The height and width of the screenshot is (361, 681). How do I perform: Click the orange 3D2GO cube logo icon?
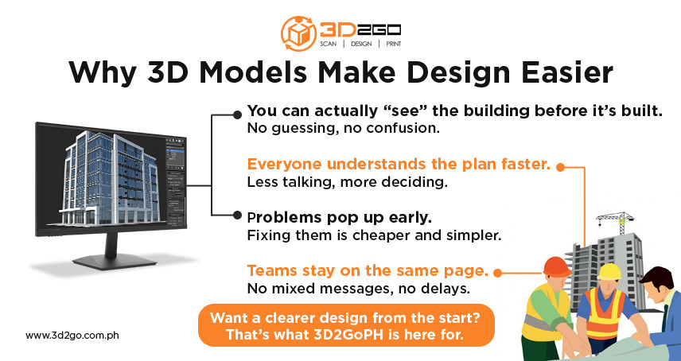pyautogui.click(x=299, y=33)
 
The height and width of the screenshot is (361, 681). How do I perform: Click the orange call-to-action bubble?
pyautogui.click(x=347, y=325)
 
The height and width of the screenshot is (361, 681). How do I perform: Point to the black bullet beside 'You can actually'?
pyautogui.click(x=237, y=115)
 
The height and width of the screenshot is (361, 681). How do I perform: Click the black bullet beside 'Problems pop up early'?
pyautogui.click(x=237, y=215)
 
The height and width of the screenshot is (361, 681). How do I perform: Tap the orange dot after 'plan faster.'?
pyautogui.click(x=560, y=167)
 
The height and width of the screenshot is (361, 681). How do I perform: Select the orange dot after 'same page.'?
pyautogui.click(x=498, y=272)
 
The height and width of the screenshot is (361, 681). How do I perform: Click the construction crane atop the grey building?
pyautogui.click(x=617, y=219)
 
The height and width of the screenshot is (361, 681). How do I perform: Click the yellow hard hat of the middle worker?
pyautogui.click(x=609, y=272)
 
